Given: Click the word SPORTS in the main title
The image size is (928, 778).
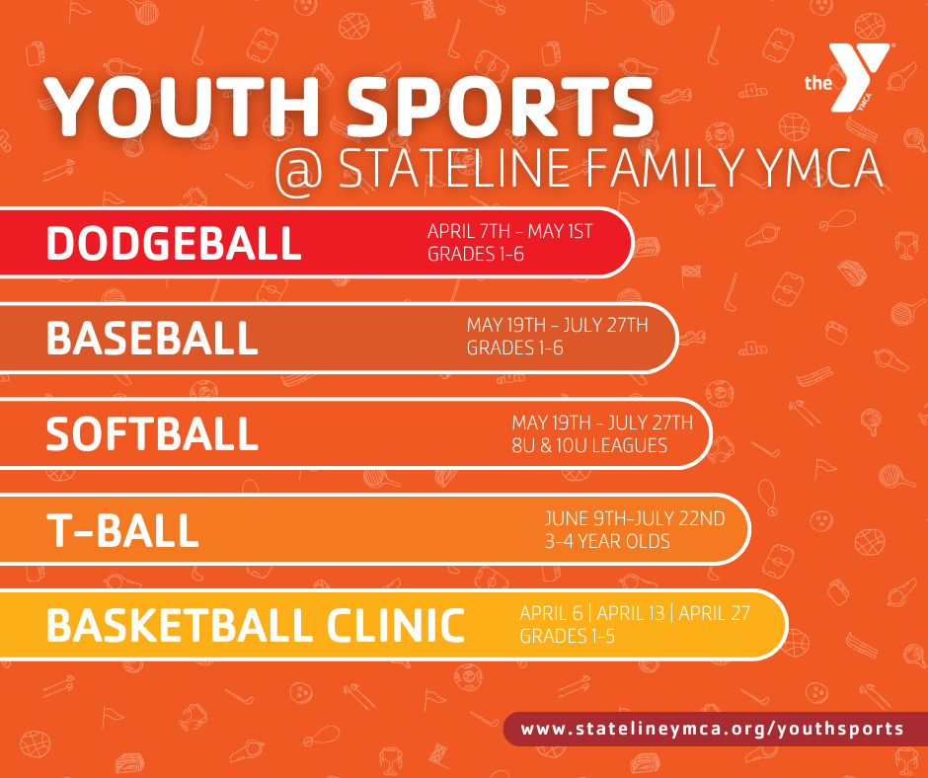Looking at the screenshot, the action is pyautogui.click(x=500, y=108).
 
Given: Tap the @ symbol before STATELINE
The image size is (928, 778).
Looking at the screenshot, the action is pyautogui.click(x=299, y=172).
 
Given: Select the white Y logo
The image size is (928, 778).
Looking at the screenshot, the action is pyautogui.click(x=859, y=77).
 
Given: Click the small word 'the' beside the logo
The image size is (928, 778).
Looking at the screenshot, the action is pyautogui.click(x=817, y=83).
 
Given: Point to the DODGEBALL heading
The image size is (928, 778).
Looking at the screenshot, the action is pyautogui.click(x=174, y=243).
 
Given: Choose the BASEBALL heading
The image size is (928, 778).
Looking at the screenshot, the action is pyautogui.click(x=152, y=338).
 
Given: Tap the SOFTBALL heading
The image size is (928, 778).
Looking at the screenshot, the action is pyautogui.click(x=152, y=434).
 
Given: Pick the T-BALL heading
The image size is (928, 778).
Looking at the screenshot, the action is pyautogui.click(x=122, y=530).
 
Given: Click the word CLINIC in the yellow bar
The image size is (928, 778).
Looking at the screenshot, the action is pyautogui.click(x=395, y=625).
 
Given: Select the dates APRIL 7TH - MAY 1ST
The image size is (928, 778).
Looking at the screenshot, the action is pyautogui.click(x=509, y=231).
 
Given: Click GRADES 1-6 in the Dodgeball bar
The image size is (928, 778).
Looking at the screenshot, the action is pyautogui.click(x=476, y=254).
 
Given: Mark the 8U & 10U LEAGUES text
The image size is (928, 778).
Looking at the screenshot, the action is pyautogui.click(x=589, y=445).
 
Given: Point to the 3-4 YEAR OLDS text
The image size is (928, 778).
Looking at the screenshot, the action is pyautogui.click(x=607, y=541).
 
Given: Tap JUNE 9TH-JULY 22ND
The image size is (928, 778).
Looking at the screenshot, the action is pyautogui.click(x=635, y=518).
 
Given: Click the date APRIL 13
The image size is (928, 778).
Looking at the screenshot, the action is pyautogui.click(x=630, y=613).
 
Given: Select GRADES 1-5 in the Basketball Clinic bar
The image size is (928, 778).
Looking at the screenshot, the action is pyautogui.click(x=567, y=637).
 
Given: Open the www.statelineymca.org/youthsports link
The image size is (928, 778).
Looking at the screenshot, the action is pyautogui.click(x=712, y=729).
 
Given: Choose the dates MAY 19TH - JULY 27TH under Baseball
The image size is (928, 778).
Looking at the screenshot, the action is pyautogui.click(x=557, y=325).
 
